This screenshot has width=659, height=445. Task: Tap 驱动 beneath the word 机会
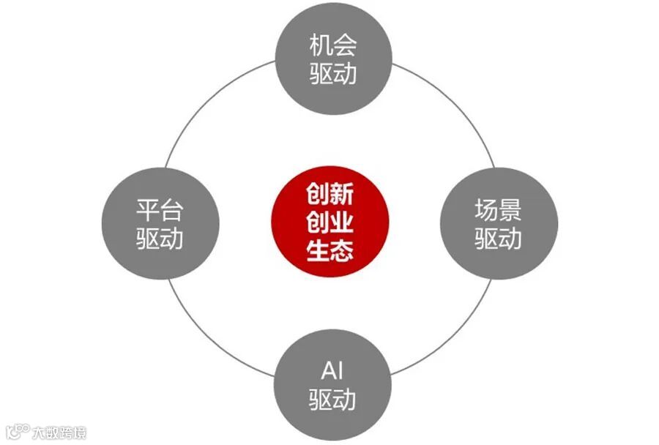pos(332,74)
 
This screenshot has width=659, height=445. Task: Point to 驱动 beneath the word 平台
pos(160,239)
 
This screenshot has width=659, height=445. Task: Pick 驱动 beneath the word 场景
pos(498,239)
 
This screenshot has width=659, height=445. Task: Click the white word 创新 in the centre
pos(329,195)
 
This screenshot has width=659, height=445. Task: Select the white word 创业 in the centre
pos(329,222)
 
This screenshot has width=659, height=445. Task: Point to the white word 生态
pos(329,250)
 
